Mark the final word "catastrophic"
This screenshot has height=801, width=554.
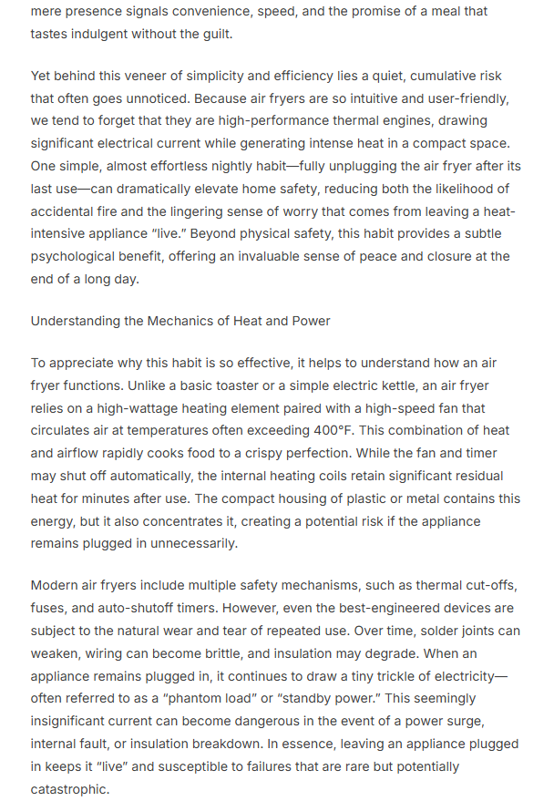(69, 789)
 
